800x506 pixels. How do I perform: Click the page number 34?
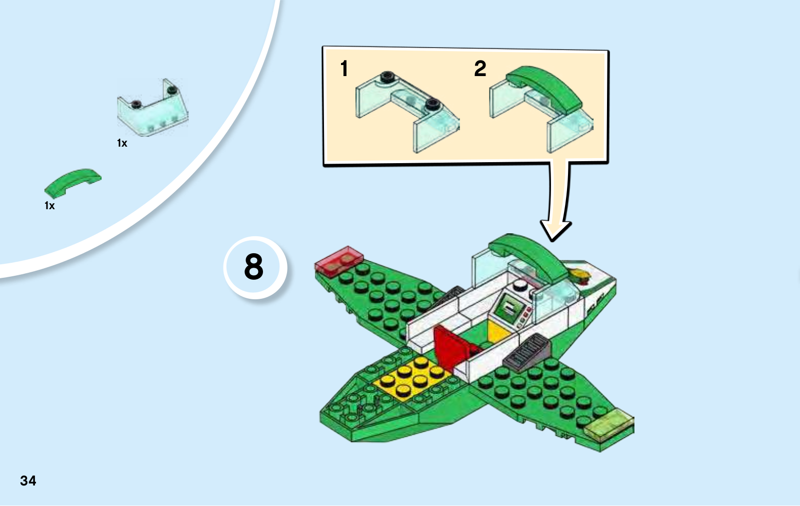coord(28,480)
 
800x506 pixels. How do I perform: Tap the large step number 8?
coord(254,267)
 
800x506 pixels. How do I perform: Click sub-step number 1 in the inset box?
coord(344,69)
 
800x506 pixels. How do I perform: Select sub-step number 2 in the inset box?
coord(480,69)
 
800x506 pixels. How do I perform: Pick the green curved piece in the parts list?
coord(72,181)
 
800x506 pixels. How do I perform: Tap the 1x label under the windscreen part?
coord(122,143)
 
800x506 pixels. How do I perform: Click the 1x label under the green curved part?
coord(49,206)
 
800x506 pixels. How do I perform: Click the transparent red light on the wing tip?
coord(338,260)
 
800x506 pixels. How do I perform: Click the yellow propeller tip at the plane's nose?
coord(580,274)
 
